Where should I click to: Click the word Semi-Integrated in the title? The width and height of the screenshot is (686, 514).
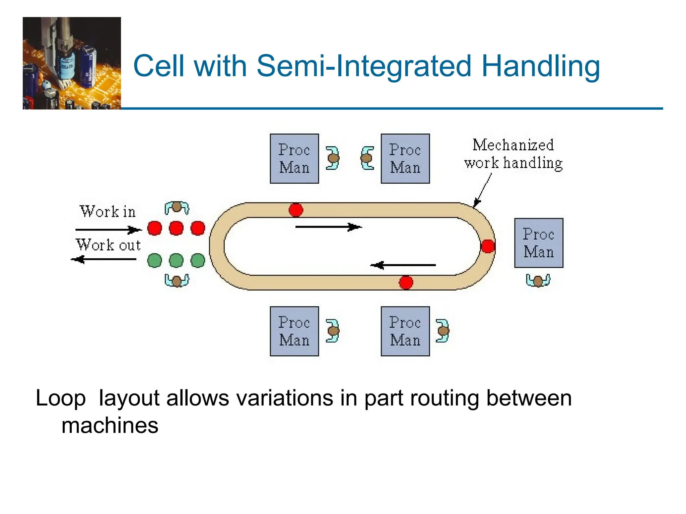coord(364,66)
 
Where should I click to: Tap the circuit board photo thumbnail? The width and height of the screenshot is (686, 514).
coord(72,63)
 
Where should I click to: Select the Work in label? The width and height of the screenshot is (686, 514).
coord(108,211)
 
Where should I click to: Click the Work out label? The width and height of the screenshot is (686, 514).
coord(108,245)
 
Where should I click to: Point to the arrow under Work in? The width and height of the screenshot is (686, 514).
coord(108,230)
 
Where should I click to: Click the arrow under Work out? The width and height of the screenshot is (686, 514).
coord(104,259)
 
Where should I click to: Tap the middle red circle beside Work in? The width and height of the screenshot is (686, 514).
coord(176,228)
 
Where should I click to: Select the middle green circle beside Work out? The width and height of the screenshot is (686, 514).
coord(176,260)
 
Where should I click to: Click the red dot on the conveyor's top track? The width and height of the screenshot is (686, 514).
coord(296,210)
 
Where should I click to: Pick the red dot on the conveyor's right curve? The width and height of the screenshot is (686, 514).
coord(487,246)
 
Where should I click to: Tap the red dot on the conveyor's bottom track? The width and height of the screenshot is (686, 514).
coord(406,282)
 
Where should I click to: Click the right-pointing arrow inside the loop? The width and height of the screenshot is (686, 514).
coord(328,227)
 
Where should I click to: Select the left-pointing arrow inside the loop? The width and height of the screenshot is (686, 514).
coord(403,265)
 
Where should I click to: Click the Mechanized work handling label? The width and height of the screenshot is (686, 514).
coord(513,154)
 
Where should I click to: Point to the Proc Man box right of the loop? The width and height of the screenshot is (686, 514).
coord(539,243)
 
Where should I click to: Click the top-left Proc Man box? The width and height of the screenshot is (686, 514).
coord(294,159)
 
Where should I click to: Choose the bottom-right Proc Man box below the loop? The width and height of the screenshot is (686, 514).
coord(405,331)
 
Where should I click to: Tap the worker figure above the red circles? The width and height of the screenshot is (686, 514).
coord(177,208)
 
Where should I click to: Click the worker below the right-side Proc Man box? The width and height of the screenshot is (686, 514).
coord(538,280)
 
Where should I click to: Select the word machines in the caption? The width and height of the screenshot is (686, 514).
coord(110,425)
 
